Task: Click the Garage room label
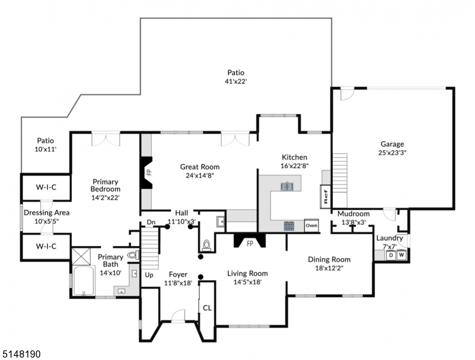click(392, 144)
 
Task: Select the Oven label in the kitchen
click(311, 226)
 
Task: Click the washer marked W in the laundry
click(401, 255)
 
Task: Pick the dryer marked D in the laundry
click(390, 255)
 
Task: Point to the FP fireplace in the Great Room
click(148, 172)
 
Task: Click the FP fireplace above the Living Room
click(250, 244)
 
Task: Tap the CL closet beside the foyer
click(207, 308)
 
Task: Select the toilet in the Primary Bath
click(132, 255)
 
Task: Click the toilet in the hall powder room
click(207, 245)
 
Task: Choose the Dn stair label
click(151, 223)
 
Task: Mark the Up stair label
click(149, 275)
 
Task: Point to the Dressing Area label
click(46, 212)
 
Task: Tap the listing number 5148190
click(21, 354)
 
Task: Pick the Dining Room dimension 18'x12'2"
click(329, 269)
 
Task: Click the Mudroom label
click(353, 214)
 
